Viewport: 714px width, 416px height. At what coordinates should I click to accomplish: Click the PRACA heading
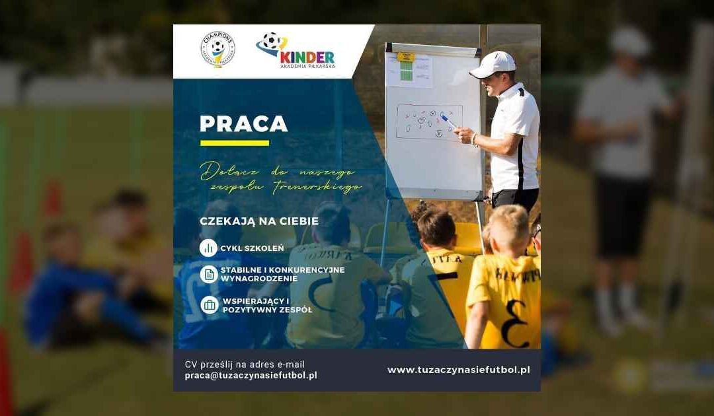point(244,124)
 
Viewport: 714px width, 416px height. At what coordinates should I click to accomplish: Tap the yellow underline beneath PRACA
point(235,143)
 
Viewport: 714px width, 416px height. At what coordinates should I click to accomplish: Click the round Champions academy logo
point(218,49)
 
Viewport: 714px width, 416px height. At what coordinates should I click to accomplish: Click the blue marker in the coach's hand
point(448,121)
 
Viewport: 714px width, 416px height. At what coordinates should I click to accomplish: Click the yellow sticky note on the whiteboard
point(405,57)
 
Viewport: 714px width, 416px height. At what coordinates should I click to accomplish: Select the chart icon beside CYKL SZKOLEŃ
point(209,248)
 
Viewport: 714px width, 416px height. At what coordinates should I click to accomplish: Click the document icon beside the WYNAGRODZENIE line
point(209,274)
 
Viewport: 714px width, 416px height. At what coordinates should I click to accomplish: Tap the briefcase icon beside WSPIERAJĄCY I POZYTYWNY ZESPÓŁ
point(209,304)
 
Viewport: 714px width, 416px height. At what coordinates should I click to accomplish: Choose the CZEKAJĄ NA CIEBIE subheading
point(259,221)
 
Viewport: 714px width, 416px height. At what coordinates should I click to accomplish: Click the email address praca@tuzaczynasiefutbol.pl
point(251,375)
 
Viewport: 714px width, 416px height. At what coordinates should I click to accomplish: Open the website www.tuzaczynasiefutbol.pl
point(459,370)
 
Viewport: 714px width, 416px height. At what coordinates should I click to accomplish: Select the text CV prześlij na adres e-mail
point(245,364)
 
